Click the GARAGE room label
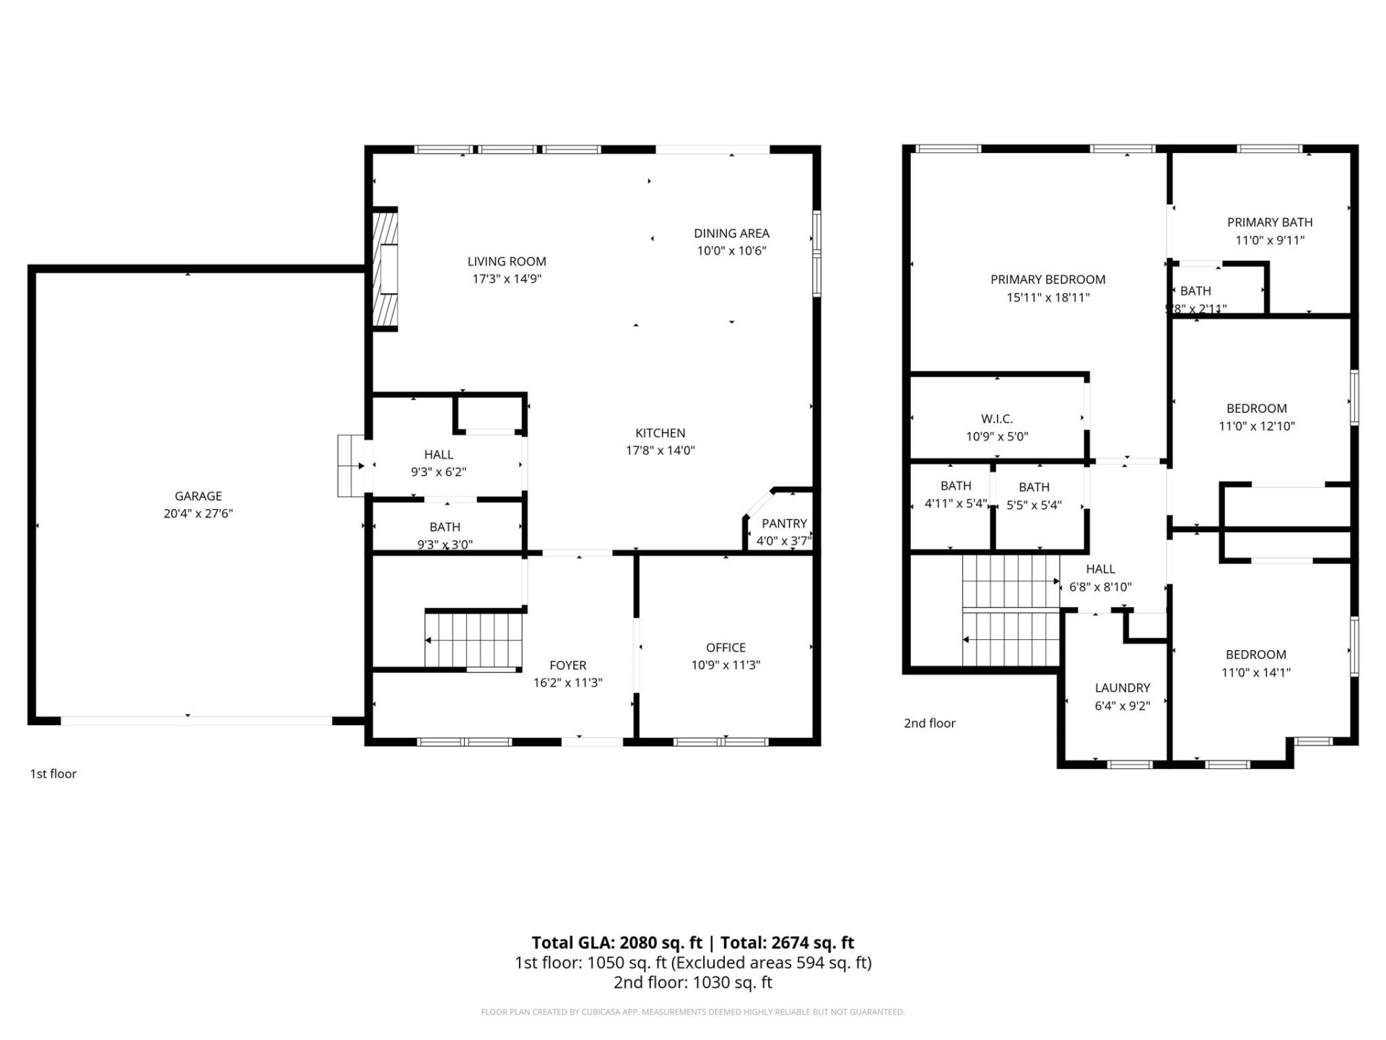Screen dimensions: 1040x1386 198,496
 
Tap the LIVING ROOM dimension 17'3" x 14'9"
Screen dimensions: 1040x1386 507,279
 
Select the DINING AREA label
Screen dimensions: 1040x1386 731,233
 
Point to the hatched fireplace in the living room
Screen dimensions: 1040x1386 385,269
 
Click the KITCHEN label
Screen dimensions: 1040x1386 660,433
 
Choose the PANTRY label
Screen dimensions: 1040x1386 784,523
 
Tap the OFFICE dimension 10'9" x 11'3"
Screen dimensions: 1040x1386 725,665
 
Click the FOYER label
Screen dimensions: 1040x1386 567,665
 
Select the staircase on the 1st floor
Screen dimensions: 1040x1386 474,640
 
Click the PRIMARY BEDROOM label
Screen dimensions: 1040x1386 1047,279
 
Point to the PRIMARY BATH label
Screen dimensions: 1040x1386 1269,222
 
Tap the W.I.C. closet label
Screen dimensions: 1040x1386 997,419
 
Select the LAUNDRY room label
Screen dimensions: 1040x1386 1122,688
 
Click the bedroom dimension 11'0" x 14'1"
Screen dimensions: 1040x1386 1256,672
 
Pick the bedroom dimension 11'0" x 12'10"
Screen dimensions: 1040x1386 1256,426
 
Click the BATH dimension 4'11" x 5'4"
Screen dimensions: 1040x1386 955,503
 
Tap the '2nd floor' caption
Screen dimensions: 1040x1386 929,723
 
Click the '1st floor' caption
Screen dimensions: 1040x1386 53,773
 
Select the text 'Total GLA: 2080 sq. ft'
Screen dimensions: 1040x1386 616,942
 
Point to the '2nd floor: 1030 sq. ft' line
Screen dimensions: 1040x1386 692,982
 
